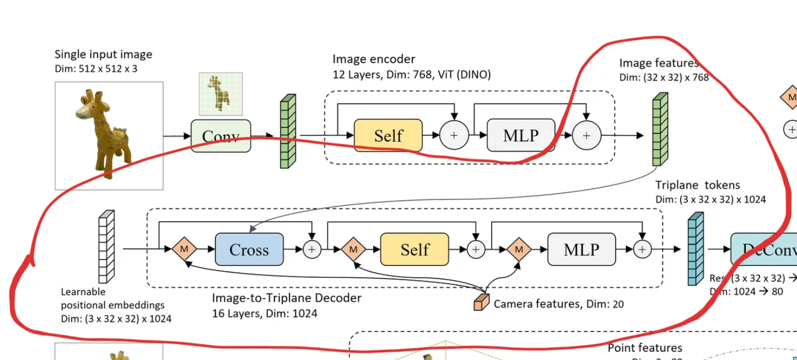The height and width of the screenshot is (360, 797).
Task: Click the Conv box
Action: [x=220, y=136]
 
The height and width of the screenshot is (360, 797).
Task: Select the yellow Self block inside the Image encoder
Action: [x=388, y=135]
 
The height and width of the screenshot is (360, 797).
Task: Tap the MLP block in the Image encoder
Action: [x=520, y=135]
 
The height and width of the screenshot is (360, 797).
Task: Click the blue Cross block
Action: [x=249, y=250]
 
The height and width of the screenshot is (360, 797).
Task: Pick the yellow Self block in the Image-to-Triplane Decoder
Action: [x=414, y=250]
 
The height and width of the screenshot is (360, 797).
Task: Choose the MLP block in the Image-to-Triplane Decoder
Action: [x=581, y=250]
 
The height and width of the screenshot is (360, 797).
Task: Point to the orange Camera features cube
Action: [x=481, y=302]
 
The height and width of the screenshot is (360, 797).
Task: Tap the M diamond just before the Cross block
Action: [x=184, y=250]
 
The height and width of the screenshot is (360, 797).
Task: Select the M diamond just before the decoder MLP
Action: [x=518, y=250]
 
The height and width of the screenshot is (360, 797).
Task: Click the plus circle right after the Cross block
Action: [x=312, y=250]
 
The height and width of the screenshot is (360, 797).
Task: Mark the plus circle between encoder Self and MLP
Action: [x=454, y=135]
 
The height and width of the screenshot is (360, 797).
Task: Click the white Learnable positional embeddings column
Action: [x=106, y=246]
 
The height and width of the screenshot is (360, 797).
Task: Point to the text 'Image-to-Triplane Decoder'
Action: [x=287, y=298]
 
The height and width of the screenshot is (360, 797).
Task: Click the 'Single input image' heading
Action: [x=103, y=54]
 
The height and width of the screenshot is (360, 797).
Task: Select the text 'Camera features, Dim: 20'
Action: [x=558, y=304]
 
